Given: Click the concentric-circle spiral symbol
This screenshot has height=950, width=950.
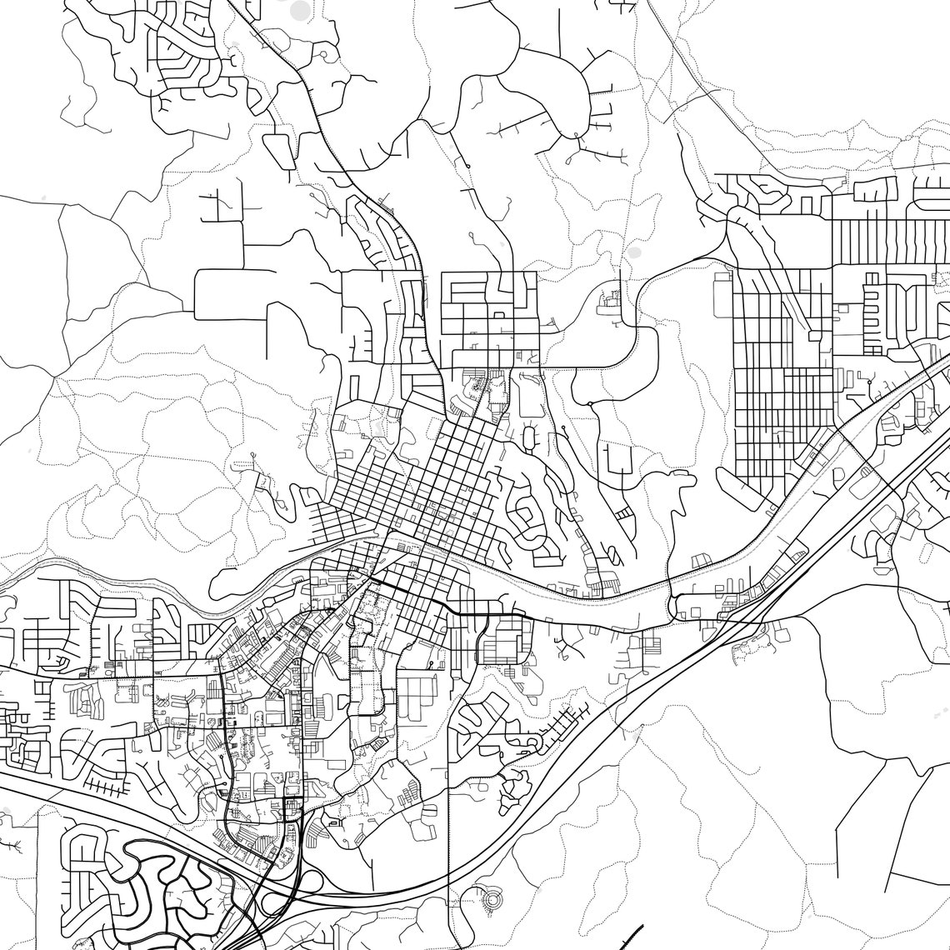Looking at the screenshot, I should coord(492,899).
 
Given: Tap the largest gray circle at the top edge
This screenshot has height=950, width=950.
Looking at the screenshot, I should coord(301,10).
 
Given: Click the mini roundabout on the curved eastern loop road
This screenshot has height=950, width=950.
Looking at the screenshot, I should coord(589,404).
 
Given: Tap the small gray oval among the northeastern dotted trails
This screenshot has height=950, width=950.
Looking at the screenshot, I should coord(634,251).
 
